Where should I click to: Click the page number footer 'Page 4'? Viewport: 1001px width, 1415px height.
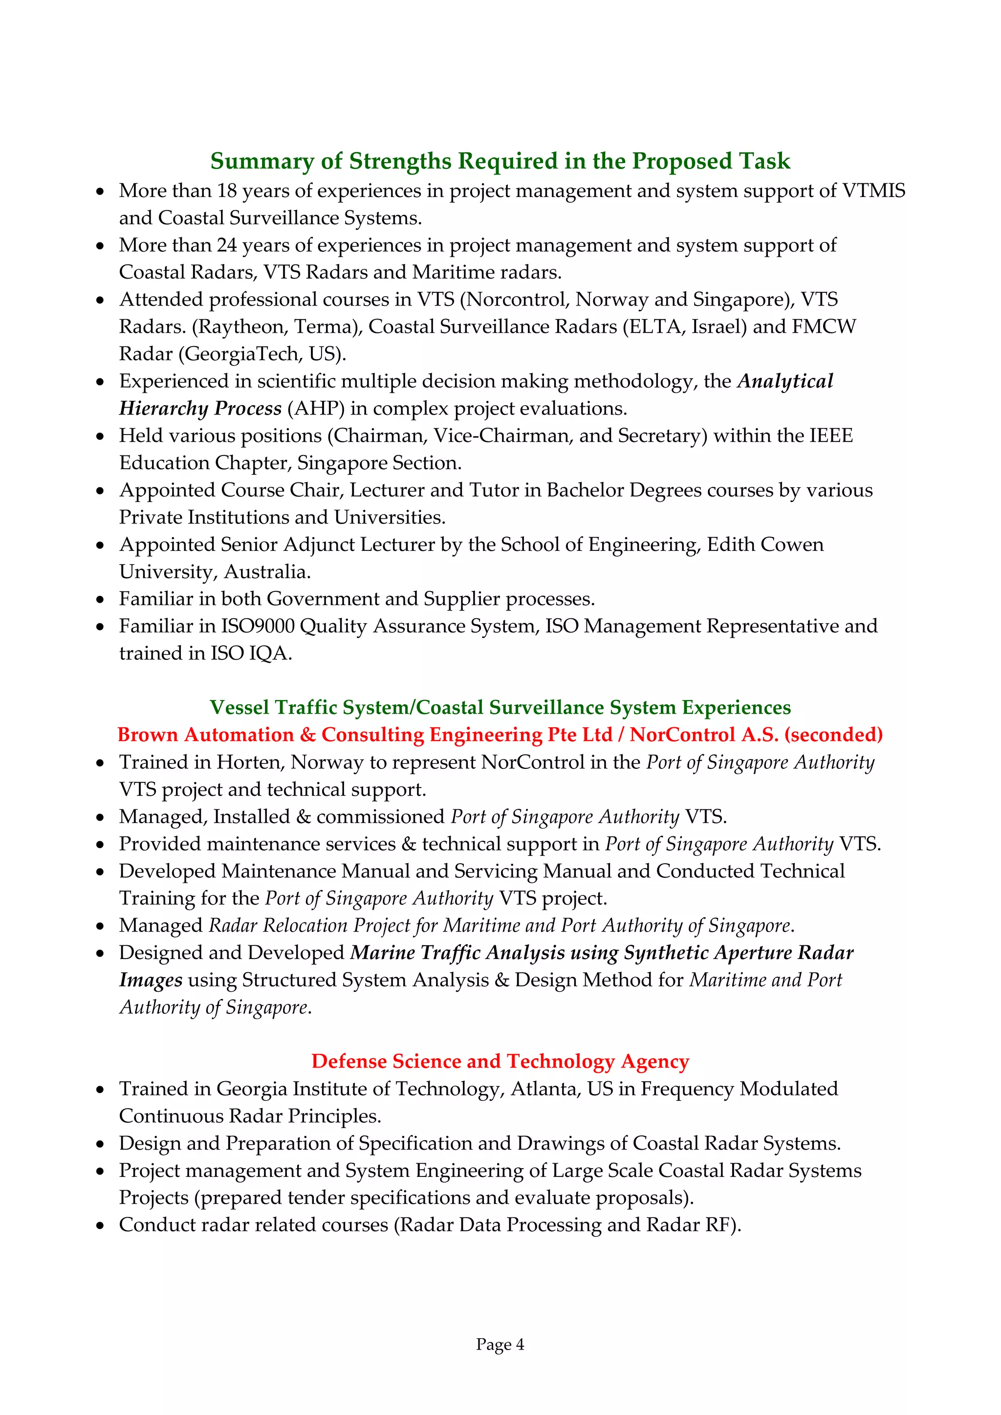(500, 1344)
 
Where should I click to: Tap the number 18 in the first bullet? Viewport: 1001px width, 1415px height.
(227, 191)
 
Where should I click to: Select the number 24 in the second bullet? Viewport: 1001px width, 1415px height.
(227, 245)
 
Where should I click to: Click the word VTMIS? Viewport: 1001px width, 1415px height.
(874, 191)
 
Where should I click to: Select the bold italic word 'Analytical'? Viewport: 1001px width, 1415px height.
(785, 381)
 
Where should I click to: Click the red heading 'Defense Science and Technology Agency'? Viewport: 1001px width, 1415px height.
(500, 1061)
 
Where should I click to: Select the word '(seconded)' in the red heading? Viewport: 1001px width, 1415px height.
(833, 735)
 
